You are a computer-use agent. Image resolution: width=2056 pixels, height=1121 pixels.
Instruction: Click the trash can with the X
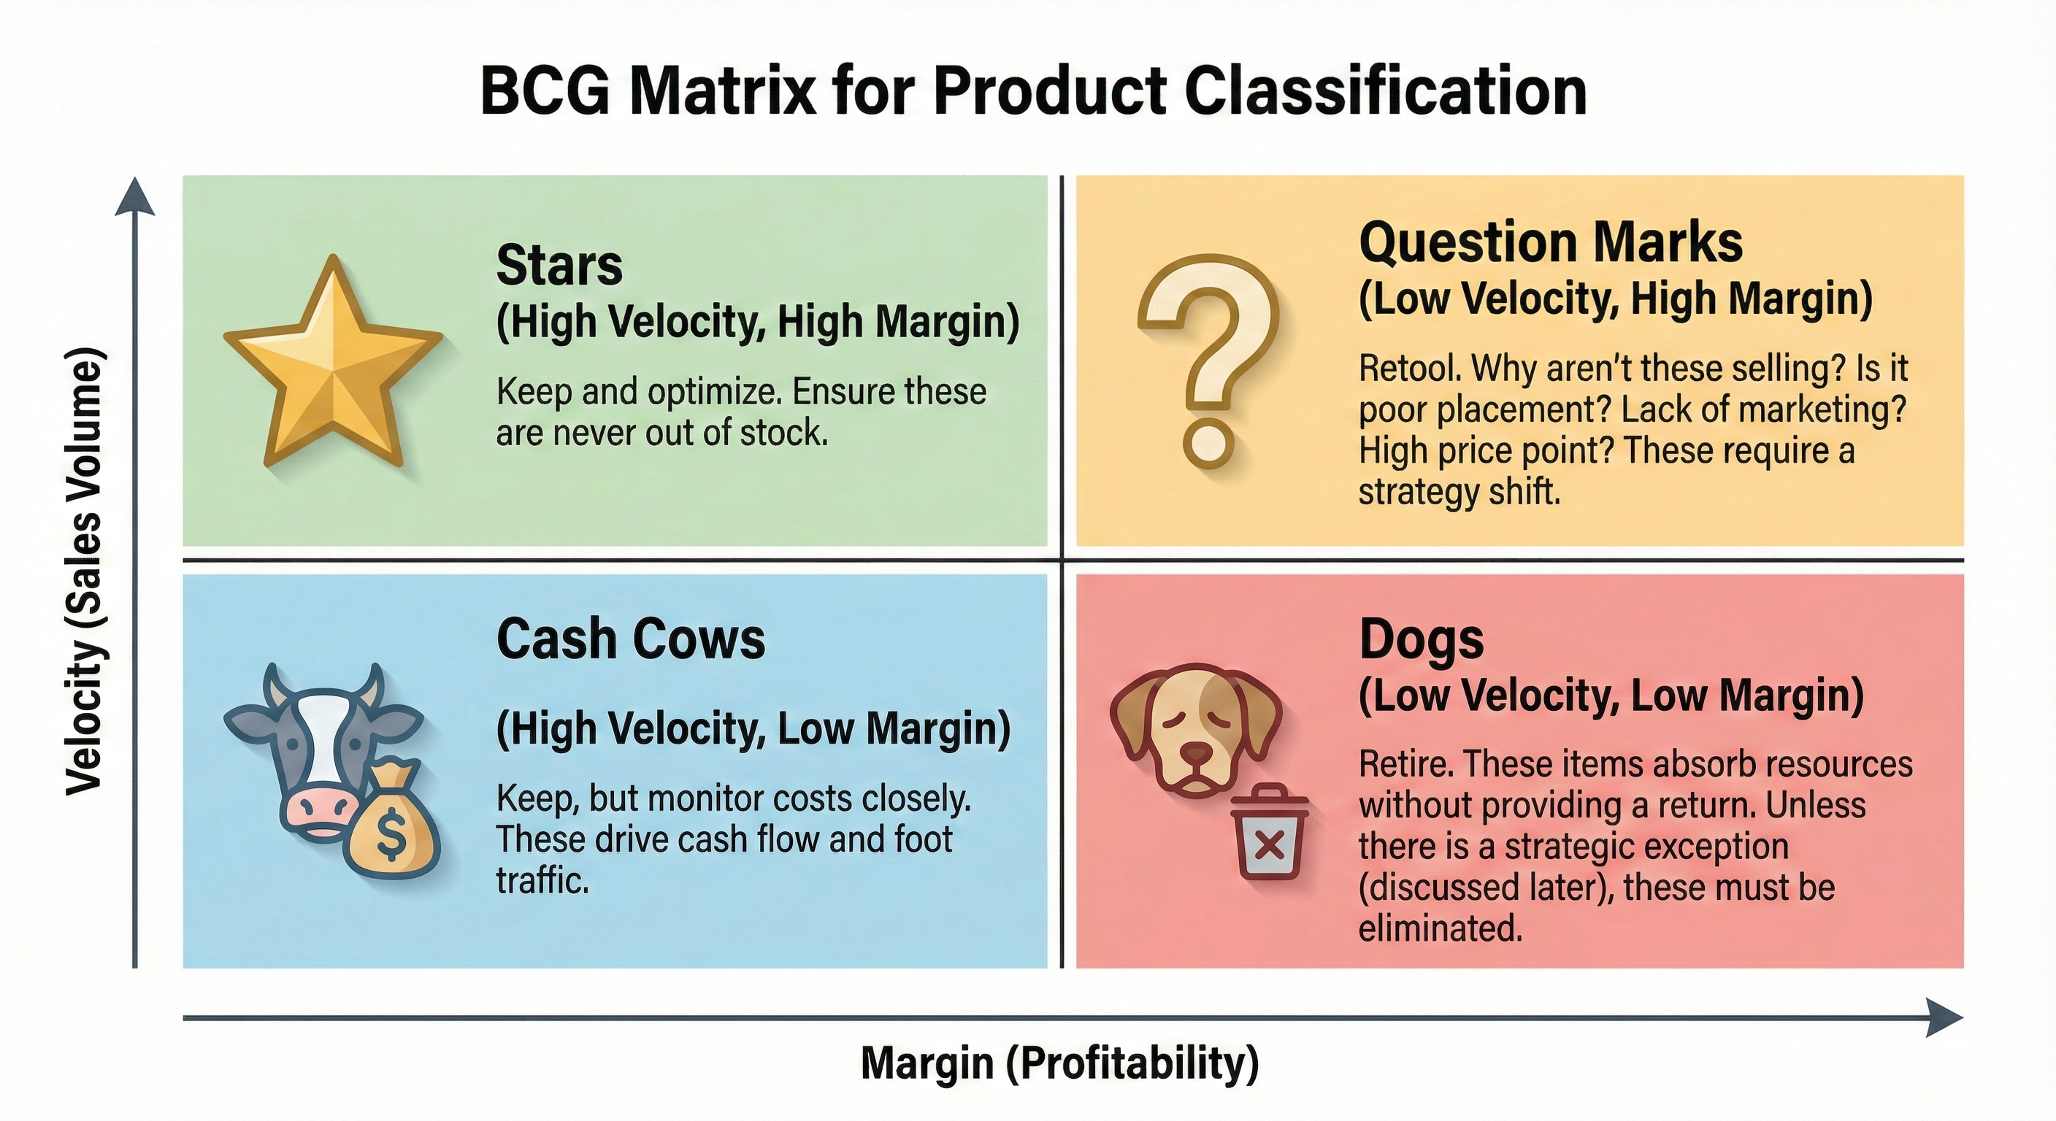point(1269,842)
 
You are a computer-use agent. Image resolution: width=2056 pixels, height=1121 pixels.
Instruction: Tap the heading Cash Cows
point(631,639)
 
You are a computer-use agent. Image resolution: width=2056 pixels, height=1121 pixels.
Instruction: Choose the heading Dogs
point(1421,639)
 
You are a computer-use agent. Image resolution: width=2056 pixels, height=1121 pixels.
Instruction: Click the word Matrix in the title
point(722,93)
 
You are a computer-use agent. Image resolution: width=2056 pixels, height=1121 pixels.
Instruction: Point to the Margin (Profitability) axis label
point(1059,1063)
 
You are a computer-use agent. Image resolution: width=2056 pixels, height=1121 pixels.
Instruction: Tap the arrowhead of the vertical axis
point(135,197)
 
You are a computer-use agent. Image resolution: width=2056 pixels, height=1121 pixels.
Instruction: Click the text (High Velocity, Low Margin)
point(753,729)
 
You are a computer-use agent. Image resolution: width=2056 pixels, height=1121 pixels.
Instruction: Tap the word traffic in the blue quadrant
point(542,881)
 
